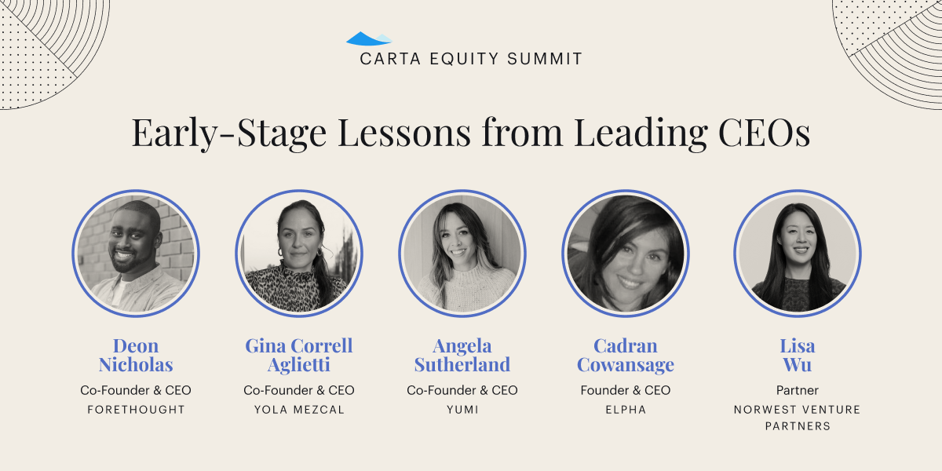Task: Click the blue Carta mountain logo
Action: click(x=369, y=38)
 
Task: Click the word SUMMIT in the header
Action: click(x=545, y=59)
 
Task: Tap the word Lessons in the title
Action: click(x=404, y=133)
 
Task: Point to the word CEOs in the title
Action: click(x=764, y=133)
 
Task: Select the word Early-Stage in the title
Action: click(x=229, y=133)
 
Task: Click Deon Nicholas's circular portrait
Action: click(x=136, y=253)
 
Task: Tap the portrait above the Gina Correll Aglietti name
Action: click(x=299, y=253)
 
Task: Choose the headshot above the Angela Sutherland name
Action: click(x=462, y=253)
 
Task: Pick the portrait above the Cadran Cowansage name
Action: click(x=626, y=253)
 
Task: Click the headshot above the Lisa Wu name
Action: click(x=798, y=253)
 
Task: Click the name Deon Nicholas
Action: click(x=136, y=356)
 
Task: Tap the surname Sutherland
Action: click(x=462, y=364)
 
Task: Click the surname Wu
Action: click(x=798, y=364)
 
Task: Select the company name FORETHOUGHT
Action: click(x=136, y=410)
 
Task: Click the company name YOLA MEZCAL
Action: click(x=299, y=410)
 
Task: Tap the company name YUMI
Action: click(x=462, y=410)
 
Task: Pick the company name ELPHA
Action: click(x=626, y=410)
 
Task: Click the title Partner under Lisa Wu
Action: click(x=798, y=390)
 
